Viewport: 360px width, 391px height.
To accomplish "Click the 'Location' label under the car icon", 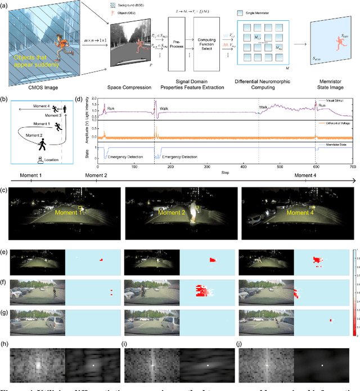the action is tap(51, 160).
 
